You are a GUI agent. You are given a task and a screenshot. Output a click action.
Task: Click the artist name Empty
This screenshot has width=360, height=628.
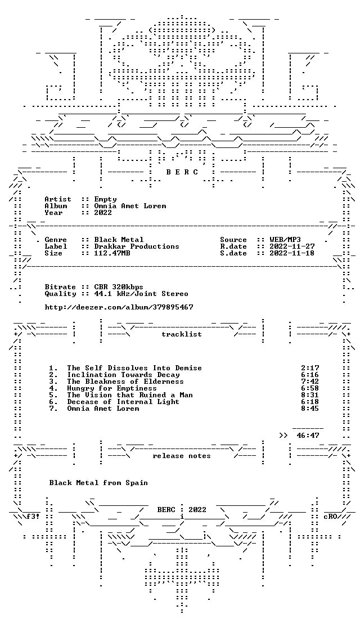(105, 199)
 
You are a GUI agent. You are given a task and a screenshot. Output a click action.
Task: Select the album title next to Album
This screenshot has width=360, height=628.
(130, 206)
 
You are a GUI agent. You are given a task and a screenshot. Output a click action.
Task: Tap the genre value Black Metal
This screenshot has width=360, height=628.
(119, 240)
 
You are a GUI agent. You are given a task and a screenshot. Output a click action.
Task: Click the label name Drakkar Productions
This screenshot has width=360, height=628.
(137, 246)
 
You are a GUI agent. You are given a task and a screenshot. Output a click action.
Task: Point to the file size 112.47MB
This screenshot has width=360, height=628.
(112, 253)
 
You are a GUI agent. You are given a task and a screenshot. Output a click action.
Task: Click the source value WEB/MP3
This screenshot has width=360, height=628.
(285, 240)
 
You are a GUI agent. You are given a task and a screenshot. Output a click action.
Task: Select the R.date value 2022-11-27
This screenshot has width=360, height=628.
(292, 246)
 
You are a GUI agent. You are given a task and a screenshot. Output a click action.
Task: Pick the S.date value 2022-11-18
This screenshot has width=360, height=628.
(292, 253)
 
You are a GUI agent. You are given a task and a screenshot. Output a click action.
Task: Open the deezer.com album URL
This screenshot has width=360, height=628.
(119, 307)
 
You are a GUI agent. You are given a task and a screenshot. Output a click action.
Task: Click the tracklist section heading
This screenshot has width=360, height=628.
(181, 334)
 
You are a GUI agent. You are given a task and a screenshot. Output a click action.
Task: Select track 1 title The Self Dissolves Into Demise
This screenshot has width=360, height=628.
(134, 367)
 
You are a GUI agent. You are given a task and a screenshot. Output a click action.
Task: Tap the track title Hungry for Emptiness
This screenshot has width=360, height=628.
(112, 388)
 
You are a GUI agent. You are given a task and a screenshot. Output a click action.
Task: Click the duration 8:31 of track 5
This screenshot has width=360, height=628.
(310, 395)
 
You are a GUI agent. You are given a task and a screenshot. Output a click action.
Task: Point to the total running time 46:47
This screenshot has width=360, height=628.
(308, 436)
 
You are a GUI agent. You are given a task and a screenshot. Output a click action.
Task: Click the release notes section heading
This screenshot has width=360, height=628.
(181, 456)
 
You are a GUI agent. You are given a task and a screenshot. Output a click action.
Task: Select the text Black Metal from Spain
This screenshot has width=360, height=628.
(98, 483)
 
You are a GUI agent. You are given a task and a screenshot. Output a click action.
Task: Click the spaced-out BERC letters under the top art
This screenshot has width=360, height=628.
(182, 172)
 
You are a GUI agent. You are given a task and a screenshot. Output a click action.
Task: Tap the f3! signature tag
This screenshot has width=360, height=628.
(33, 517)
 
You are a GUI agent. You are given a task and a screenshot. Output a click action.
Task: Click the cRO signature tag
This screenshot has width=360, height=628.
(330, 517)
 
